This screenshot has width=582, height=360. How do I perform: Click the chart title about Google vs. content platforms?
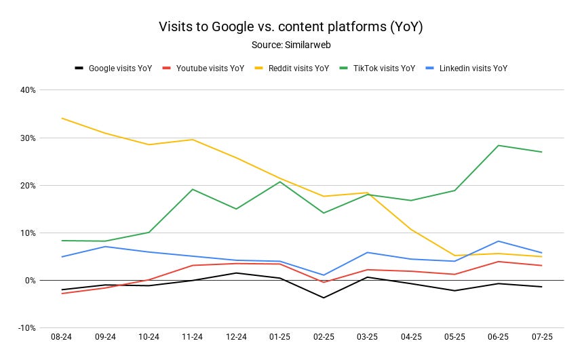290,27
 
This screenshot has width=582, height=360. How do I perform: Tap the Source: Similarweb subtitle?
290,44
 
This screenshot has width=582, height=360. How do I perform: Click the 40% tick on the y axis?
28,90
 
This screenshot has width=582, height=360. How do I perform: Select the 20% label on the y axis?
28,185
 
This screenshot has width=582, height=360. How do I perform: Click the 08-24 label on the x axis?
62,336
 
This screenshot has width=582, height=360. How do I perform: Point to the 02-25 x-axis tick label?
324,336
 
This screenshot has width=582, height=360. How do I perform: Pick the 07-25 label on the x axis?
541,336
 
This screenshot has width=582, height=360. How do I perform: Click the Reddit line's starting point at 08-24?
62,118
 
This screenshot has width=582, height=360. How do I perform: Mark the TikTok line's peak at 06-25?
498,145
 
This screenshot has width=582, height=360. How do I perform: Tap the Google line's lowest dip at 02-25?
324,298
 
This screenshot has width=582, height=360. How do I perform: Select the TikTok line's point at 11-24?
193,189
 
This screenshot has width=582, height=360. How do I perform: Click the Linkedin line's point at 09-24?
105,246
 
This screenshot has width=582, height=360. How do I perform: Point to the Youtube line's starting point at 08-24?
62,294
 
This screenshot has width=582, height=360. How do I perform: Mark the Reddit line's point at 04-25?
410,229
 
